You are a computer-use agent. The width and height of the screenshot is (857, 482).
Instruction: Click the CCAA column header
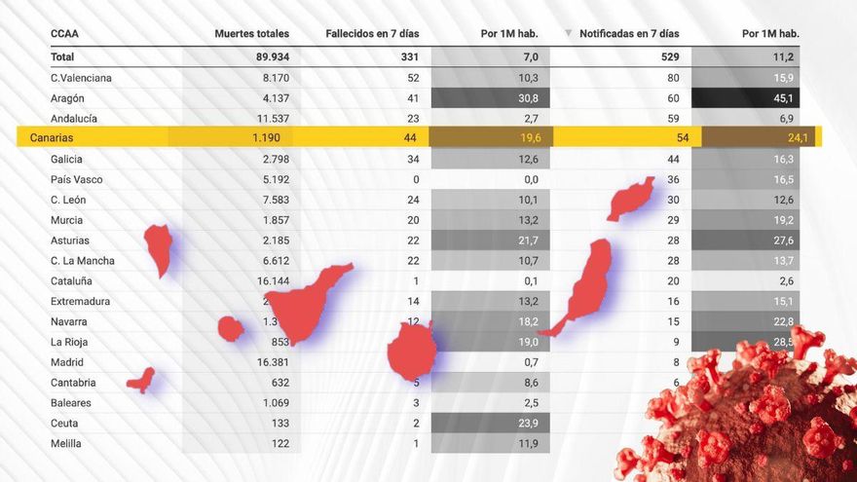coord(64,34)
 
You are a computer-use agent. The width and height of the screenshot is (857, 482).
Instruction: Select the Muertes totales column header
coord(251,34)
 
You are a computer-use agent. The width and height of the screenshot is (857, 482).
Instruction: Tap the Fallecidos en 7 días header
coord(372,34)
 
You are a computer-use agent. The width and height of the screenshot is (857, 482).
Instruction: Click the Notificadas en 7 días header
coord(629,34)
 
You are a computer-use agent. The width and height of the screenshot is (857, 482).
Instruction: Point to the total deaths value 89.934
coord(266,57)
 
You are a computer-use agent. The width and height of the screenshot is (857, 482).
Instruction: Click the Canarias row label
coord(52,138)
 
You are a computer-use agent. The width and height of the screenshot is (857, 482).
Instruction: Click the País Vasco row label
coord(76,179)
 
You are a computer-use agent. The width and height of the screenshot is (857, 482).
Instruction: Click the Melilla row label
coord(65,443)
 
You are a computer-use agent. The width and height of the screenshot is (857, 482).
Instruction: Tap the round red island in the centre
coord(413,351)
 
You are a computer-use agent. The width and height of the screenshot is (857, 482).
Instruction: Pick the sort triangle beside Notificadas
coord(568,34)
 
